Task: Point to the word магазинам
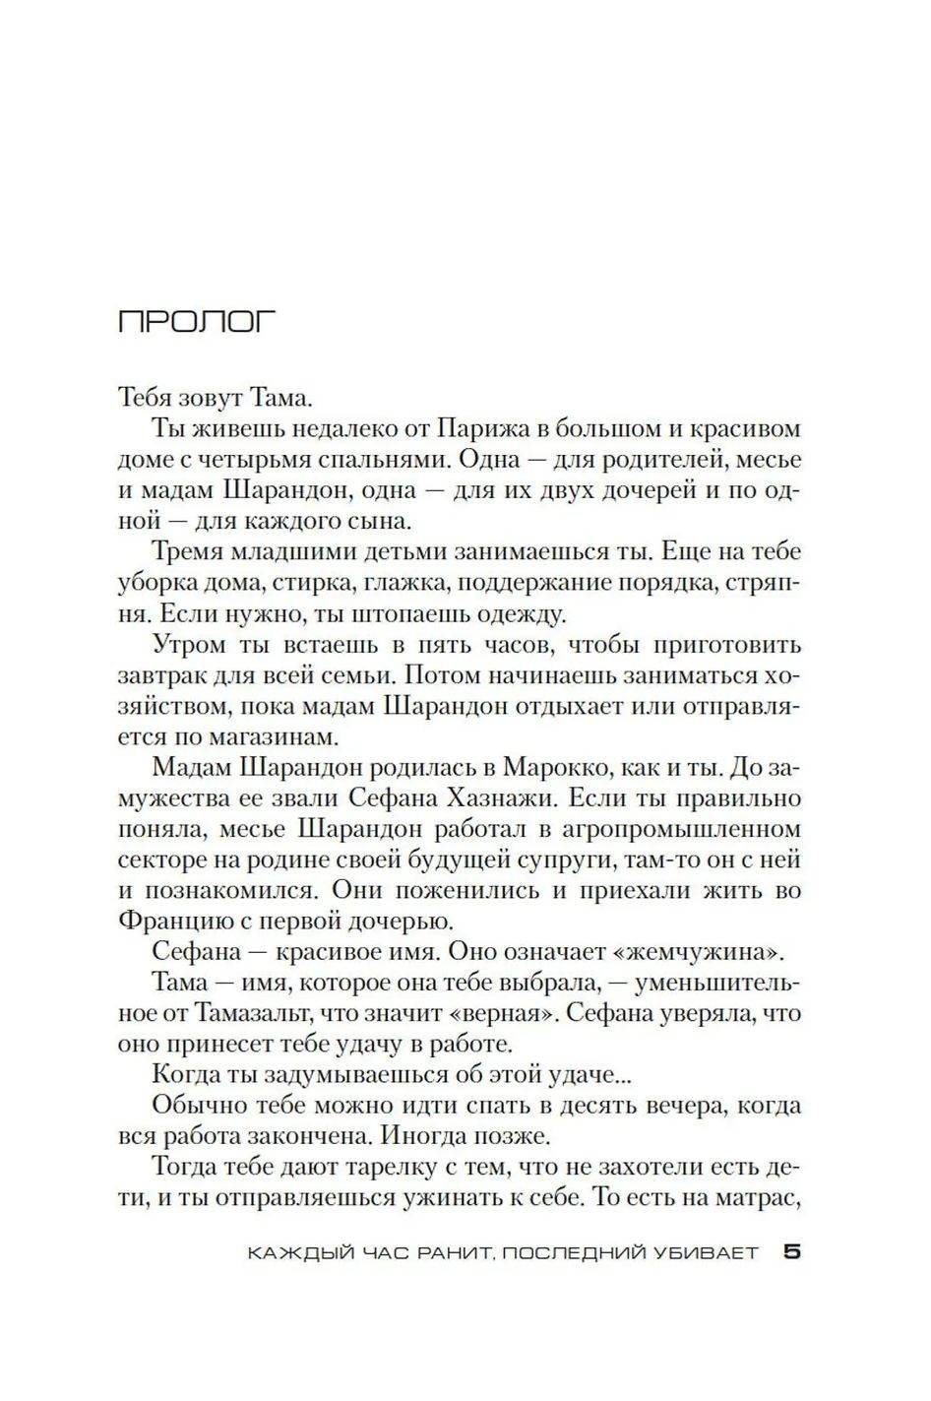point(261,736)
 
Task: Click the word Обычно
point(198,1105)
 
